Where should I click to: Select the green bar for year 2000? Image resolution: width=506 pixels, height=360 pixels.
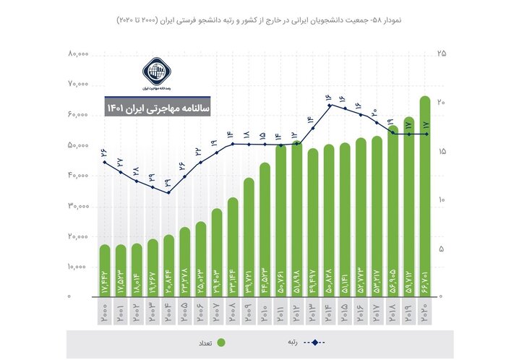(x=105, y=271)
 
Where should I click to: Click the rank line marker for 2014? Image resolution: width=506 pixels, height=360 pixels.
(x=329, y=106)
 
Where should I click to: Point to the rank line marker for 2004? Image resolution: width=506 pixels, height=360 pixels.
(x=168, y=192)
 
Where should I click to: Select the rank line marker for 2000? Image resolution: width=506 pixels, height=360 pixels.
(x=105, y=162)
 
